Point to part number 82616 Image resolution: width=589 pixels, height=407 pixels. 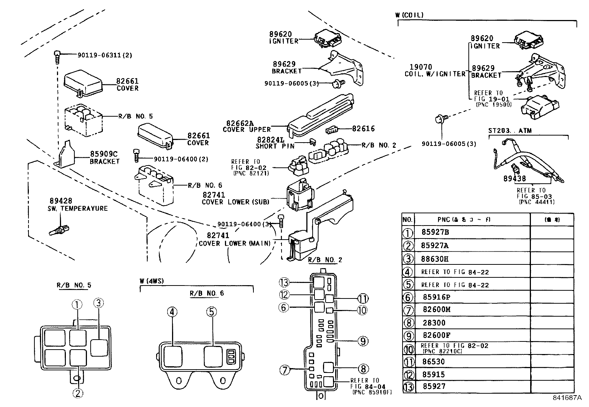[363, 129]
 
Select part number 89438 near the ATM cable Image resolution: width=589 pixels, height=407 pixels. [514, 179]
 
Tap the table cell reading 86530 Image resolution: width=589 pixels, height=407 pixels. [433, 362]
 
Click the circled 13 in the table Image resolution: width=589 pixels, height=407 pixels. [408, 387]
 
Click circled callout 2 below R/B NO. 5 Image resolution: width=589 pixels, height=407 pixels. [78, 393]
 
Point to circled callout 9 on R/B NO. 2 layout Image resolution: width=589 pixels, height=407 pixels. [363, 341]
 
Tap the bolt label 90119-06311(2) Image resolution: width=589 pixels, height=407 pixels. [105, 55]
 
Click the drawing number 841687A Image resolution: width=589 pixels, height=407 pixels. [567, 398]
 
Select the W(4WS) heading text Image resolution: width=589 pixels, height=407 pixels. [152, 281]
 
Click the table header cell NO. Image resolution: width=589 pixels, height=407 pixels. [407, 220]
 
